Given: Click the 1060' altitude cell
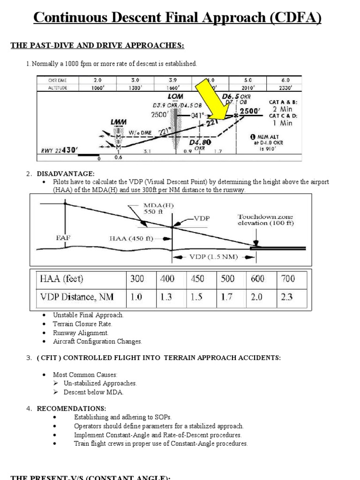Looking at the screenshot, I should point(97,87).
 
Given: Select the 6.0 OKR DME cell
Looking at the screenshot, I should point(285,80).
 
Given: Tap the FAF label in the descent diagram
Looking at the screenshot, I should point(63,238).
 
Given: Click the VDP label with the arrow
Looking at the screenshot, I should point(202,218).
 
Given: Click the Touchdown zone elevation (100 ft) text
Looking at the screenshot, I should point(265,220).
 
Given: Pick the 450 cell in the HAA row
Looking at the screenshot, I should point(197,279).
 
